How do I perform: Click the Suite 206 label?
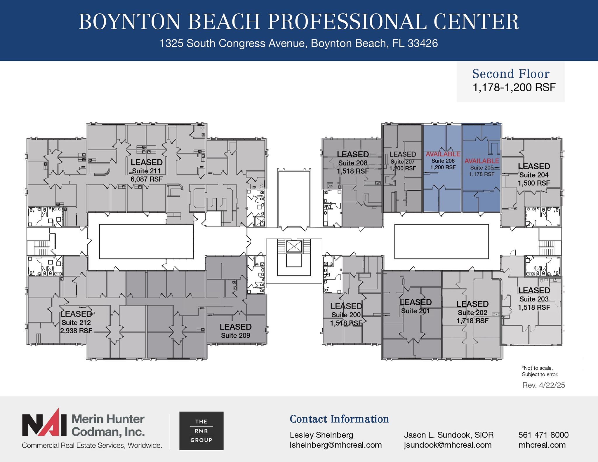pyautogui.click(x=443, y=161)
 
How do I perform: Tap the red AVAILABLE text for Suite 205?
pyautogui.click(x=481, y=161)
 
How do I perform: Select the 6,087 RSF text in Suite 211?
pyautogui.click(x=146, y=179)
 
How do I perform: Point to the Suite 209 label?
pyautogui.click(x=235, y=335)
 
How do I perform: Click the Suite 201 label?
pyautogui.click(x=415, y=311)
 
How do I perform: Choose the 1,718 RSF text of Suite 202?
pyautogui.click(x=472, y=321)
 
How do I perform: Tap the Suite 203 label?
pyautogui.click(x=534, y=299)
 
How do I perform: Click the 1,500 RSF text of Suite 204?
pyautogui.click(x=534, y=183)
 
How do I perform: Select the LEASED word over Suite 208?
pyautogui.click(x=353, y=154)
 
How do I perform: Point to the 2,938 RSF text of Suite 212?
pyautogui.click(x=76, y=331)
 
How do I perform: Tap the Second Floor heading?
pyautogui.click(x=511, y=74)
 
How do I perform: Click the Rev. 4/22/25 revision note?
pyautogui.click(x=543, y=385)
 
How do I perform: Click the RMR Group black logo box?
pyautogui.click(x=201, y=431)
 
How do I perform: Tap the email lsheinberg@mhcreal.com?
pyautogui.click(x=335, y=445)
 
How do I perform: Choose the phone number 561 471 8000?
pyautogui.click(x=543, y=435)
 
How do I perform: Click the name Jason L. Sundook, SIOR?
pyautogui.click(x=448, y=435)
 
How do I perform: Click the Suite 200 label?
pyautogui.click(x=346, y=315)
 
